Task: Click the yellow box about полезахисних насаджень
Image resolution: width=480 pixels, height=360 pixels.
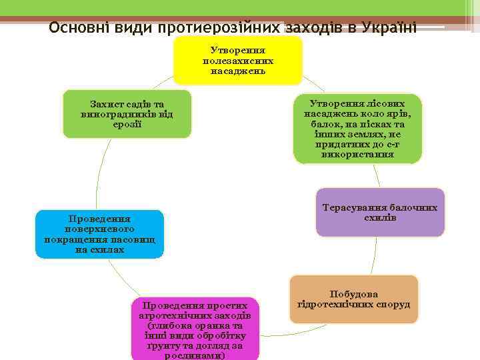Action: tap(238, 61)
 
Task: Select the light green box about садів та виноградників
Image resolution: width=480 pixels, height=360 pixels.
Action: tap(127, 114)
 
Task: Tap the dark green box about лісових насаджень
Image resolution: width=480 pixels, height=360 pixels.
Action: tap(357, 129)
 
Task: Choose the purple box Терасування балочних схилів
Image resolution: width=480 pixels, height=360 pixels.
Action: tap(380, 213)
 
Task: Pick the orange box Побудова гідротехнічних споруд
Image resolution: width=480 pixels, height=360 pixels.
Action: tap(353, 300)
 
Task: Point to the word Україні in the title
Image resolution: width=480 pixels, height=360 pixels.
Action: tap(390, 28)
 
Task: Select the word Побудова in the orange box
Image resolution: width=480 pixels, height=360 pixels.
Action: tap(353, 294)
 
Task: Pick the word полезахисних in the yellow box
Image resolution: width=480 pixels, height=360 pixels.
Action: tap(238, 61)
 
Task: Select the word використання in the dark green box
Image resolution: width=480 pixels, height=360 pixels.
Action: tap(357, 155)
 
